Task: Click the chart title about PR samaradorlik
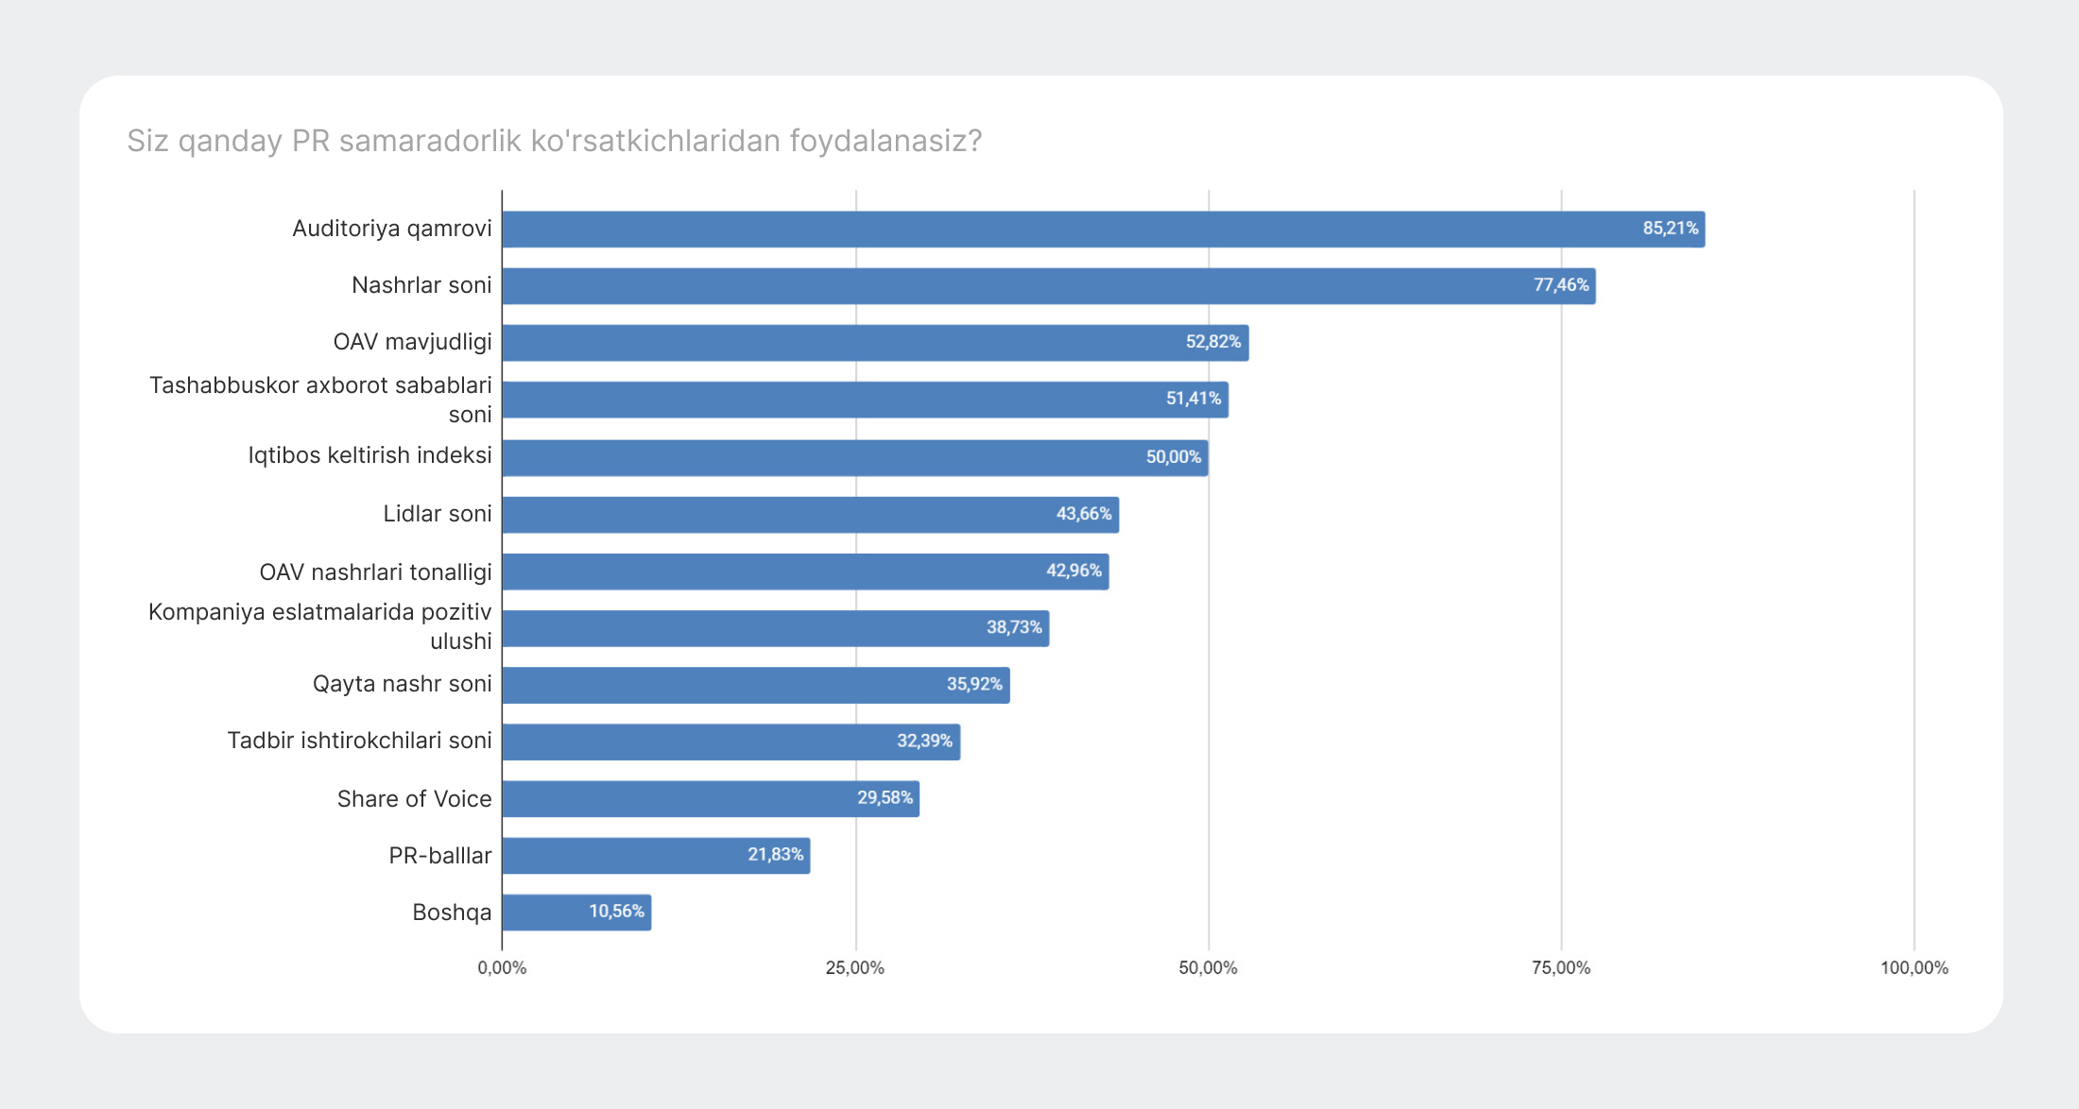[555, 141]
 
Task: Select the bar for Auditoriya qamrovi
[1104, 230]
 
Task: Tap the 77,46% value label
[1561, 285]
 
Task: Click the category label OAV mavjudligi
[413, 342]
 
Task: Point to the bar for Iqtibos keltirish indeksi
[855, 458]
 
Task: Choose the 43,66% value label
[1084, 514]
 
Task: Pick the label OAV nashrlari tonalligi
[376, 572]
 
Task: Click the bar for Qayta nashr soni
[756, 685]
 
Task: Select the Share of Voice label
[415, 799]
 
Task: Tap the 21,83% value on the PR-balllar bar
[776, 855]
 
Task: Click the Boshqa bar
[576, 913]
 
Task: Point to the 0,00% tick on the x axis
[502, 968]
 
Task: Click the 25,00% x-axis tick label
[855, 968]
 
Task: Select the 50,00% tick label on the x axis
[1208, 968]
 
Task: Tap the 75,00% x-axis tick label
[1561, 968]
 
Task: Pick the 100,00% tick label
[1915, 968]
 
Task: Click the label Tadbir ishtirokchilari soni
[360, 741]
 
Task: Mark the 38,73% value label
[1014, 627]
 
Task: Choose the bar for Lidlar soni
[811, 515]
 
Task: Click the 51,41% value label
[1194, 399]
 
